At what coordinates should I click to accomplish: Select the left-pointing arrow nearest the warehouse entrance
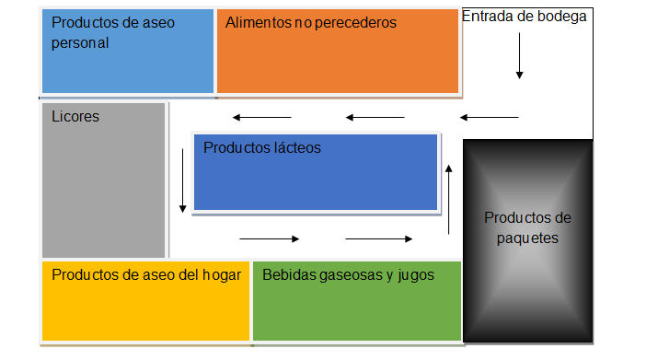coord(490,117)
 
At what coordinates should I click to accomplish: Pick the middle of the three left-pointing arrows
coord(375,117)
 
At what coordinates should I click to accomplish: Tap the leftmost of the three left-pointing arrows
coord(262,117)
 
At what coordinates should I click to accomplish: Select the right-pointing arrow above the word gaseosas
coord(379,239)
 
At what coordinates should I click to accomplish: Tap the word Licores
coord(75,117)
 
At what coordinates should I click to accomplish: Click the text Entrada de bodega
coord(524,17)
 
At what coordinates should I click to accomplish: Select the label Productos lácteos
coord(262,146)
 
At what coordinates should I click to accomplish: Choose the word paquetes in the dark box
coord(527,237)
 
